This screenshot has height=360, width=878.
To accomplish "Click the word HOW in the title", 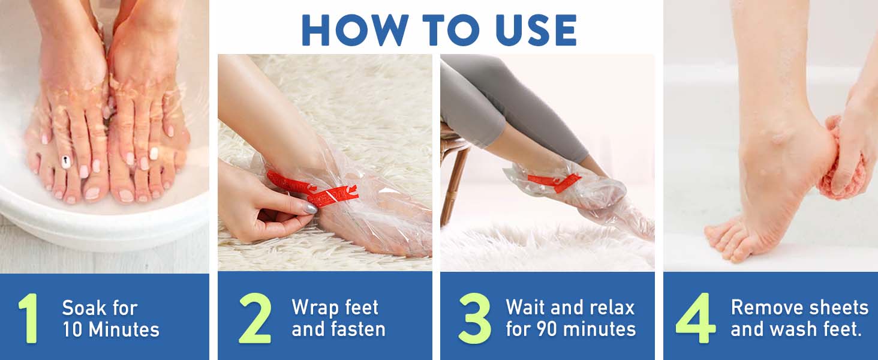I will point(351,28).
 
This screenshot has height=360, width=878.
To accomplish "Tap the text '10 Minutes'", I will point(111,329).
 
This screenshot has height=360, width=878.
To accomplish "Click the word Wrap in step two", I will point(312,308).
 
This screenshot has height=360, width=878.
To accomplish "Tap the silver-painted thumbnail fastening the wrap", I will point(309,208).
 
